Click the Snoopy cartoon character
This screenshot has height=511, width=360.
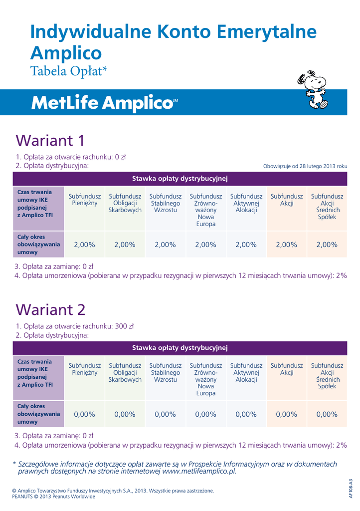tap(312, 90)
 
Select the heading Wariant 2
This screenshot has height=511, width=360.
tap(51, 309)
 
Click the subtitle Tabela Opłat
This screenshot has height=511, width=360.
tap(69, 71)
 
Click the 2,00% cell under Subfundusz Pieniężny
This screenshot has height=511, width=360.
tap(84, 245)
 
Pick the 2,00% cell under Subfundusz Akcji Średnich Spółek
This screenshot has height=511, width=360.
tap(327, 245)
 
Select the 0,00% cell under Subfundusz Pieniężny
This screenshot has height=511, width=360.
tap(84, 414)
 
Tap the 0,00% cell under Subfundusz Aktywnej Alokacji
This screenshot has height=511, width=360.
tap(246, 414)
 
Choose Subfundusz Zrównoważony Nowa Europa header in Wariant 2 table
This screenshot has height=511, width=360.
tap(205, 379)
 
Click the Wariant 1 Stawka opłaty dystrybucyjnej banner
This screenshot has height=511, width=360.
tap(180, 178)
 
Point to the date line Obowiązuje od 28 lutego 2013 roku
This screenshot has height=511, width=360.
tap(305, 166)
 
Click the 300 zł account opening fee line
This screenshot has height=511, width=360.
tap(75, 326)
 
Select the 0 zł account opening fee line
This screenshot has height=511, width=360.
tap(71, 157)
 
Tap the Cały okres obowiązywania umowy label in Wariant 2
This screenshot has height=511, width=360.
tap(38, 414)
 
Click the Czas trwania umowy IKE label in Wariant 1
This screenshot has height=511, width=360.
tap(35, 204)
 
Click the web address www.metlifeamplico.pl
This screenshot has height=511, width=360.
tap(199, 471)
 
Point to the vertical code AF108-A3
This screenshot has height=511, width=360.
tap(351, 489)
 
